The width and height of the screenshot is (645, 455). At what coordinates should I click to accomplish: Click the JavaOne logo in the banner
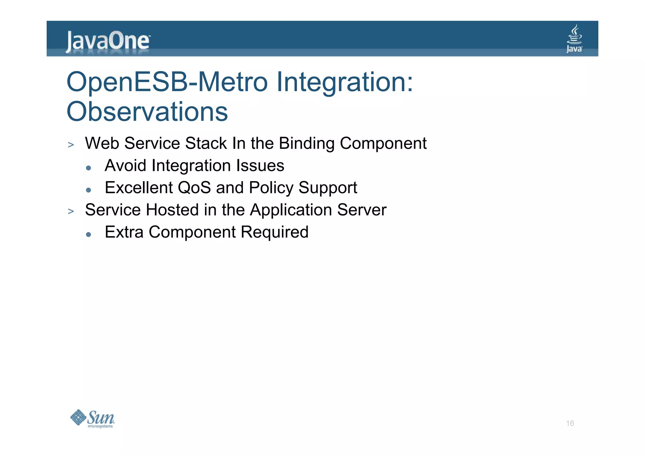(108, 41)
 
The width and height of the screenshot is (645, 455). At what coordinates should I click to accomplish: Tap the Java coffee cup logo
(574, 38)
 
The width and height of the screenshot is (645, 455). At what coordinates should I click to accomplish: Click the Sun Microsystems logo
(92, 419)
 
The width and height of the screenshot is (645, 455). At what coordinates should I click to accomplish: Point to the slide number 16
(570, 423)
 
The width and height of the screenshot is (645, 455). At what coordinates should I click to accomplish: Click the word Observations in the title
(147, 112)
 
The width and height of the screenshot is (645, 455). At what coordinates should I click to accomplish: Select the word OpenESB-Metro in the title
(167, 82)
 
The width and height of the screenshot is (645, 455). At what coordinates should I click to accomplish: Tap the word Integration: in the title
(344, 82)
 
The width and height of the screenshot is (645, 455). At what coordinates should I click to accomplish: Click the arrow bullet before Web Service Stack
(71, 145)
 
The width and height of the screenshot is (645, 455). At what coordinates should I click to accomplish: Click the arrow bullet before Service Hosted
(71, 211)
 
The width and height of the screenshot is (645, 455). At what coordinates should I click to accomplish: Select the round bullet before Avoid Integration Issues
(88, 168)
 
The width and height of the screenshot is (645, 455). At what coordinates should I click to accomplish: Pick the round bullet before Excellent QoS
(88, 190)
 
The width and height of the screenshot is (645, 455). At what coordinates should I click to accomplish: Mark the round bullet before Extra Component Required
(88, 235)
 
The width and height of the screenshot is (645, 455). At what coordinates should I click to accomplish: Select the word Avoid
(125, 165)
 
